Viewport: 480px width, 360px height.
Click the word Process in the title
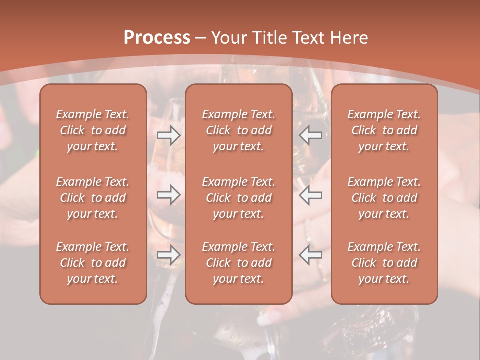click(x=157, y=38)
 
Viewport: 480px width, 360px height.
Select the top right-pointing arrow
click(x=168, y=135)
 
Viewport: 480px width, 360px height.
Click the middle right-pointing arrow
click(x=168, y=195)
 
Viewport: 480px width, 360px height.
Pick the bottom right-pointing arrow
click(x=168, y=255)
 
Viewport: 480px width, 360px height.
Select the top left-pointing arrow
click(x=311, y=135)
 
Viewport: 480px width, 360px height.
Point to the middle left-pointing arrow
click(x=311, y=195)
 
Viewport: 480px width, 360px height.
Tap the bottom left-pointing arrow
click(x=311, y=255)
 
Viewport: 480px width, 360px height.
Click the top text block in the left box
click(x=93, y=130)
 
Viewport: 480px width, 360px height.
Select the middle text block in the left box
click(x=93, y=198)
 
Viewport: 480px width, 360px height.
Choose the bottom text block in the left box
click(x=93, y=263)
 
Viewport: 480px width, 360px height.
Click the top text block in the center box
click(x=238, y=130)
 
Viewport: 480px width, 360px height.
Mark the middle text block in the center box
click(x=238, y=198)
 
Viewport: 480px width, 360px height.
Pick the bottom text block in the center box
click(x=238, y=263)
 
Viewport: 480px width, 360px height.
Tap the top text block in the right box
click(x=384, y=130)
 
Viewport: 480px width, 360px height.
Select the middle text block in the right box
click(x=384, y=198)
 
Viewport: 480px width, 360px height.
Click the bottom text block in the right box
click(x=384, y=263)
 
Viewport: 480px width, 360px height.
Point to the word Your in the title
click(x=228, y=38)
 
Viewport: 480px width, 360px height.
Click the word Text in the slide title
click(x=307, y=38)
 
